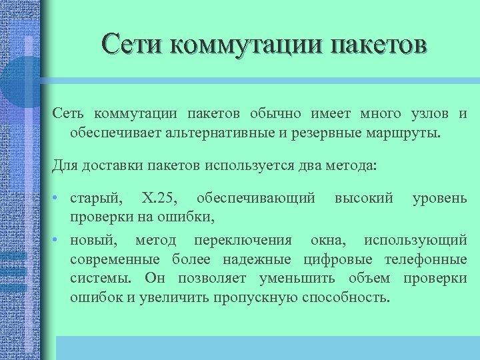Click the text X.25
pos(159,199)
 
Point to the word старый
pos(97,199)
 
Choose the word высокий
pos(363,199)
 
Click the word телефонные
pos(431,259)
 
